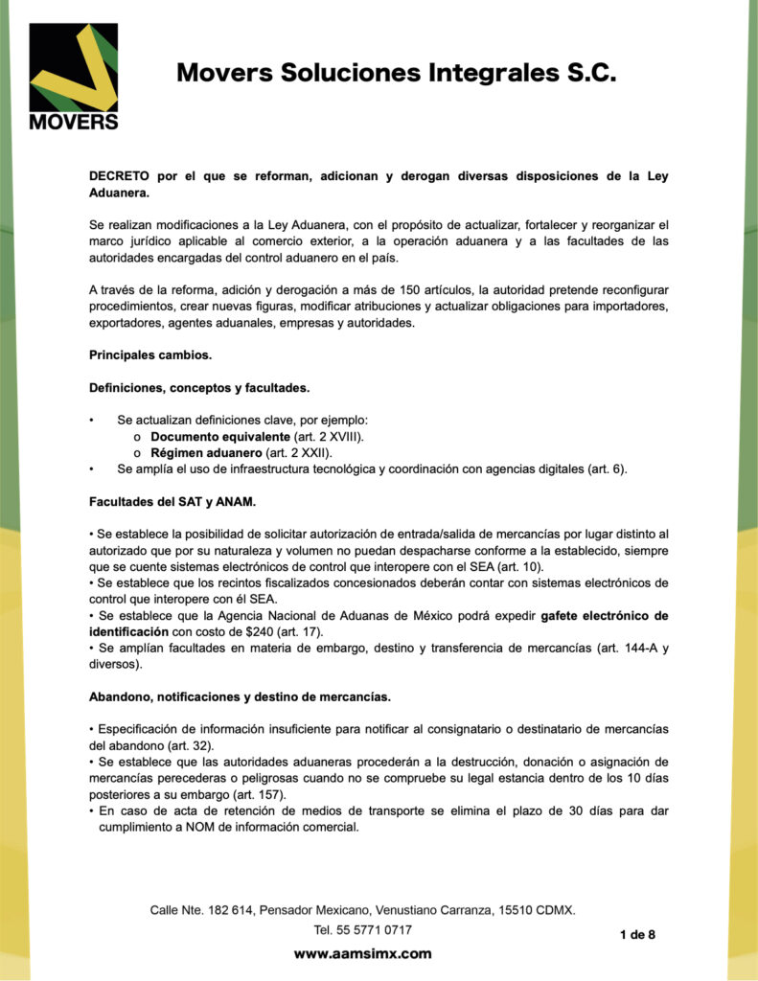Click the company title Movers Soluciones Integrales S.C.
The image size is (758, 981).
[x=396, y=74]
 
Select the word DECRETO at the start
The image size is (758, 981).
[x=120, y=176]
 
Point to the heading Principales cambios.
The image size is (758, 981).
[x=150, y=355]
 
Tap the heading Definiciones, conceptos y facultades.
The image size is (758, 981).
[x=199, y=388]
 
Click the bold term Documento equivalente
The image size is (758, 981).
[x=220, y=437]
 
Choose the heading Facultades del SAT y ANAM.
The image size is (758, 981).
[x=172, y=501]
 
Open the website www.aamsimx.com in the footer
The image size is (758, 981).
[x=362, y=953]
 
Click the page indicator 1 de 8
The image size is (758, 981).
[x=637, y=934]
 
